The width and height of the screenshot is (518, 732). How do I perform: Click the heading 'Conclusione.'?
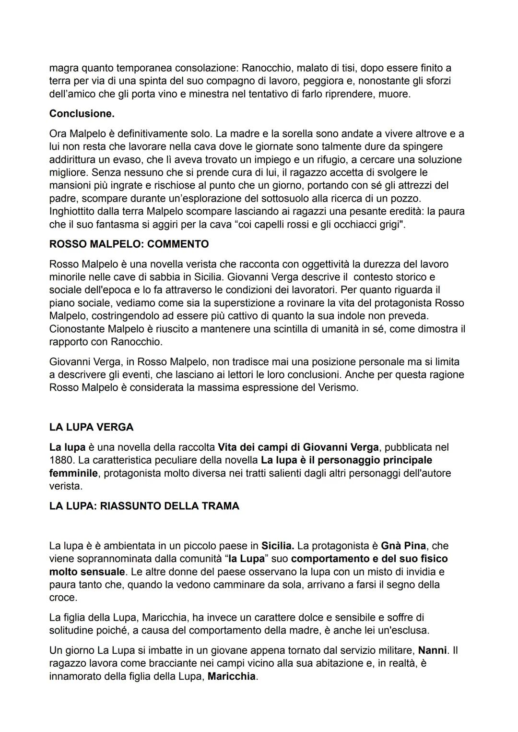tap(82, 114)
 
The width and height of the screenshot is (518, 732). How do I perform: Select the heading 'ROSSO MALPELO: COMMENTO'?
tap(129, 244)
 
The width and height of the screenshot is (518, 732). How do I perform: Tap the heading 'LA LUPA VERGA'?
tap(91, 427)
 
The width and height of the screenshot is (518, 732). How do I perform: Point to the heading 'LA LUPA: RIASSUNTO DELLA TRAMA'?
tap(144, 506)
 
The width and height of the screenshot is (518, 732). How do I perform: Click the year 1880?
tap(62, 460)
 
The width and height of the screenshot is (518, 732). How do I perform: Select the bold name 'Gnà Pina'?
tap(403, 546)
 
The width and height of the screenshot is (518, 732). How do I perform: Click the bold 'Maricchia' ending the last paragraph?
tap(232, 676)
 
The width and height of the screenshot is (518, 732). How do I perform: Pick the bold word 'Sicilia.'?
tap(278, 546)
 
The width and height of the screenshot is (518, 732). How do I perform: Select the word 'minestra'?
tap(209, 94)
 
